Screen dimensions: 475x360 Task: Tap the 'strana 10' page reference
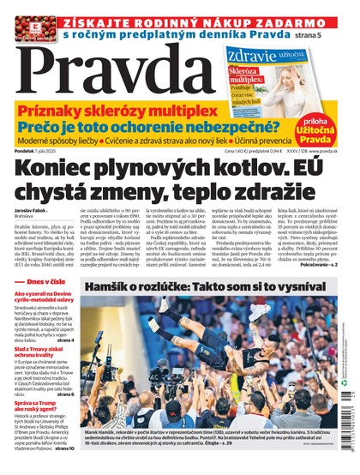point(65,469)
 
